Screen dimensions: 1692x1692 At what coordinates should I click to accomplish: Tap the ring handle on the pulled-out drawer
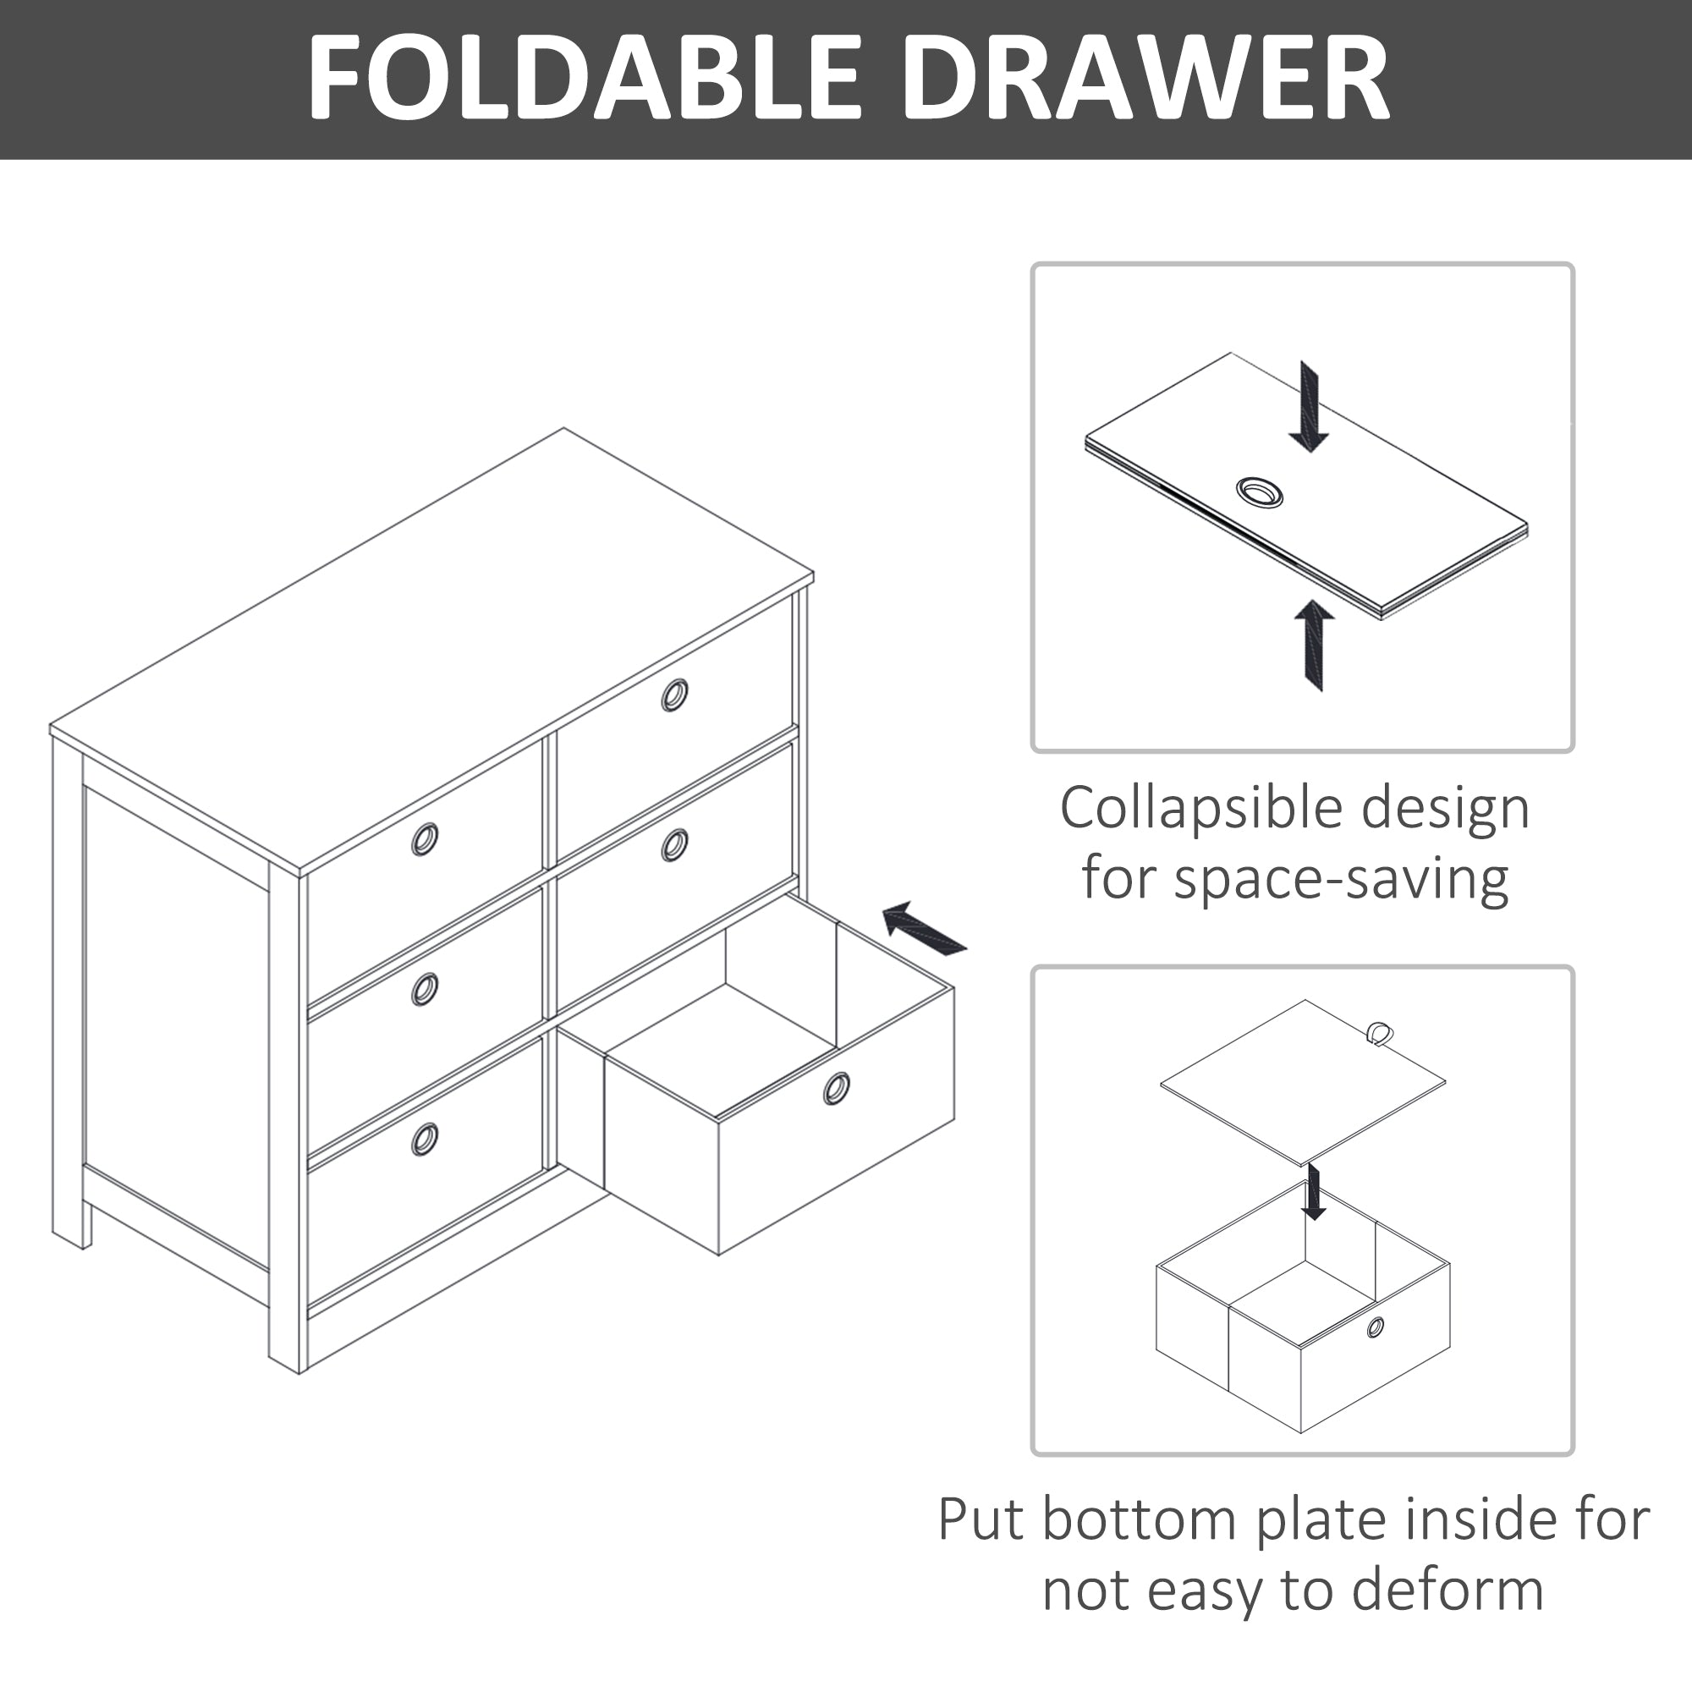[836, 1089]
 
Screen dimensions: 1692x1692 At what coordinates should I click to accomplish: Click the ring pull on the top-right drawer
[674, 695]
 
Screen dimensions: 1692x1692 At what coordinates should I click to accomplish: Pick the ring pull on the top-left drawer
[425, 839]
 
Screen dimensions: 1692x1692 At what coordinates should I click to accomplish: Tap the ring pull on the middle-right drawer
[674, 845]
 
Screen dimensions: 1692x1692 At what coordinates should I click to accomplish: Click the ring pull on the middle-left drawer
[425, 990]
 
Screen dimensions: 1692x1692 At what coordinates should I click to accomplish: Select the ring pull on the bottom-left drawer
[425, 1140]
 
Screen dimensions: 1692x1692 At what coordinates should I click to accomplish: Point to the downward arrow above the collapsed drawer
[1310, 406]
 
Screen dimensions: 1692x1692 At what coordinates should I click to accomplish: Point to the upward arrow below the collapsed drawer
[1314, 645]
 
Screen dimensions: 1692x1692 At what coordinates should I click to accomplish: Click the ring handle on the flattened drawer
[1260, 492]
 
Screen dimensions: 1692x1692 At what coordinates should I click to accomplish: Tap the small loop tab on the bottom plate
[1379, 1034]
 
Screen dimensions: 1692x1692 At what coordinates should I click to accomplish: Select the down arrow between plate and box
[1313, 1192]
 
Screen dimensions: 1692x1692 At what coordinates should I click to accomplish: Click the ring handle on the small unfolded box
[1376, 1327]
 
